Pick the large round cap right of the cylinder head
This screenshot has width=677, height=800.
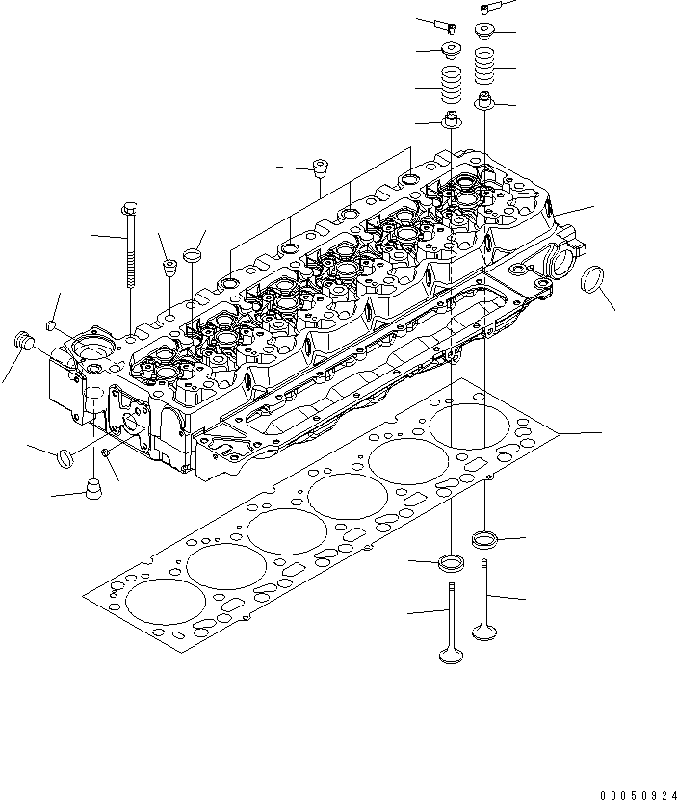596,280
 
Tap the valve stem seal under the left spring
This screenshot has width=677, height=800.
450,120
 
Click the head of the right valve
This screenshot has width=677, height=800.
484,631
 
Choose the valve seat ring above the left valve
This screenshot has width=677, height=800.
451,562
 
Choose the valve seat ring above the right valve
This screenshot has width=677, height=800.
485,537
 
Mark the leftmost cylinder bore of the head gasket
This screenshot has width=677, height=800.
166,605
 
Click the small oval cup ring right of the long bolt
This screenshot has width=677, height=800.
193,257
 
